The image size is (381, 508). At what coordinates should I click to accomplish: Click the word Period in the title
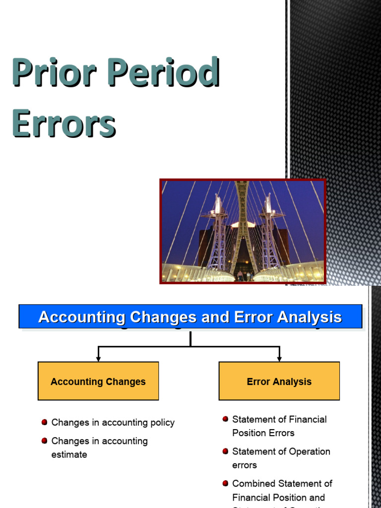(x=163, y=72)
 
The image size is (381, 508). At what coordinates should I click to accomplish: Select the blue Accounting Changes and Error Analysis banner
(x=190, y=317)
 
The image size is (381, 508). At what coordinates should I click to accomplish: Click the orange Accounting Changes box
(x=98, y=381)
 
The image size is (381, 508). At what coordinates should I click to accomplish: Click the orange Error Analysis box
(x=279, y=381)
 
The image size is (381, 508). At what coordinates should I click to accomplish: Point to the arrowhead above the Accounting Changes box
(x=98, y=358)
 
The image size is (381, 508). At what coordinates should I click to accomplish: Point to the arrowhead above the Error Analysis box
(x=279, y=358)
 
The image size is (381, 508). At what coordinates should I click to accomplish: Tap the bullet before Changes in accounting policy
(x=45, y=422)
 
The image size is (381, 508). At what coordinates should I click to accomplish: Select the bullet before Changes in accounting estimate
(x=45, y=441)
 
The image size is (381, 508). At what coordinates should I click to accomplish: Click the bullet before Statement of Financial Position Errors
(x=226, y=419)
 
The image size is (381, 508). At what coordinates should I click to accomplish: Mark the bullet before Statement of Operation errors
(x=226, y=451)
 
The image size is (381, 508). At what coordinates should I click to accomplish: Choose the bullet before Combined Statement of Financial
(x=226, y=483)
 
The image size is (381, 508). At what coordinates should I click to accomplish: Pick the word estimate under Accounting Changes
(x=69, y=454)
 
